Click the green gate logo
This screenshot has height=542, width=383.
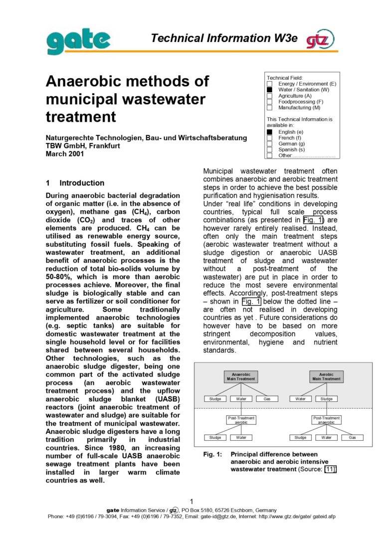pos(79,40)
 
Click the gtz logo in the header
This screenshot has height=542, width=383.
pos(320,39)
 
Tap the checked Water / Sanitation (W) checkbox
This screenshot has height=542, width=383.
pos(269,90)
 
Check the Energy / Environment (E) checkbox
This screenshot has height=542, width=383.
pos(269,84)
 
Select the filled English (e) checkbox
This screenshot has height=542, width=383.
pos(269,132)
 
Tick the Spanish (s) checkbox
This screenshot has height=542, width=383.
pos(269,150)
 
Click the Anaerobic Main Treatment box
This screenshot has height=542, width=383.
pos(241,376)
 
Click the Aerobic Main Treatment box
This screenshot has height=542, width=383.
pos(326,376)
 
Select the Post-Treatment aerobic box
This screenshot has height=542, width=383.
pos(241,420)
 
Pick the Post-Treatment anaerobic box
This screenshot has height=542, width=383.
pos(326,420)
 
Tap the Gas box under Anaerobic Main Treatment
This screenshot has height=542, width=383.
pos(267,399)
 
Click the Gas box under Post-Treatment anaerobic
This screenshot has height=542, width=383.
pos(353,437)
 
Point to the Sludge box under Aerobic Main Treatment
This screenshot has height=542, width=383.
pos(327,399)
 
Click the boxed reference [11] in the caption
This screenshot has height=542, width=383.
pos(330,469)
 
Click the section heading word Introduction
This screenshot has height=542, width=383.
pos(82,183)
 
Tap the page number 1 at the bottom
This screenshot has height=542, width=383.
pos(191,502)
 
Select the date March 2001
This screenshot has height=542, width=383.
pos(65,154)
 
